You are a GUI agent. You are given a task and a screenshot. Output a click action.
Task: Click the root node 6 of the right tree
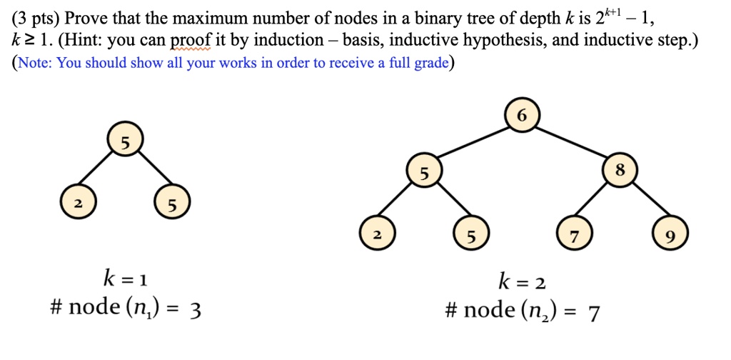coord(522,116)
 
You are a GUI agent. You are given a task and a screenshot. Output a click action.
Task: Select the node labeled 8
coord(619,171)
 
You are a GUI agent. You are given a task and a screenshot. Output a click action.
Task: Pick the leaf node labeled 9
coord(669,236)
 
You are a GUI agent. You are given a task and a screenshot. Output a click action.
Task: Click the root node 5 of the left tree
coord(125,143)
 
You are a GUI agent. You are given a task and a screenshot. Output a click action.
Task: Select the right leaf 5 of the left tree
coord(171,207)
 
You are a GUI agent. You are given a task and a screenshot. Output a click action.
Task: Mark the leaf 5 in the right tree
coord(470,236)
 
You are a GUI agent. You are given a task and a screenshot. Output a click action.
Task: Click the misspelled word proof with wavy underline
coord(188,40)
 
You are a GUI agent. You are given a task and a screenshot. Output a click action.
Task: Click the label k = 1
coord(126,277)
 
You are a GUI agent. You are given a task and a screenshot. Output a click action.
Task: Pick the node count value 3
coord(196,309)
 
